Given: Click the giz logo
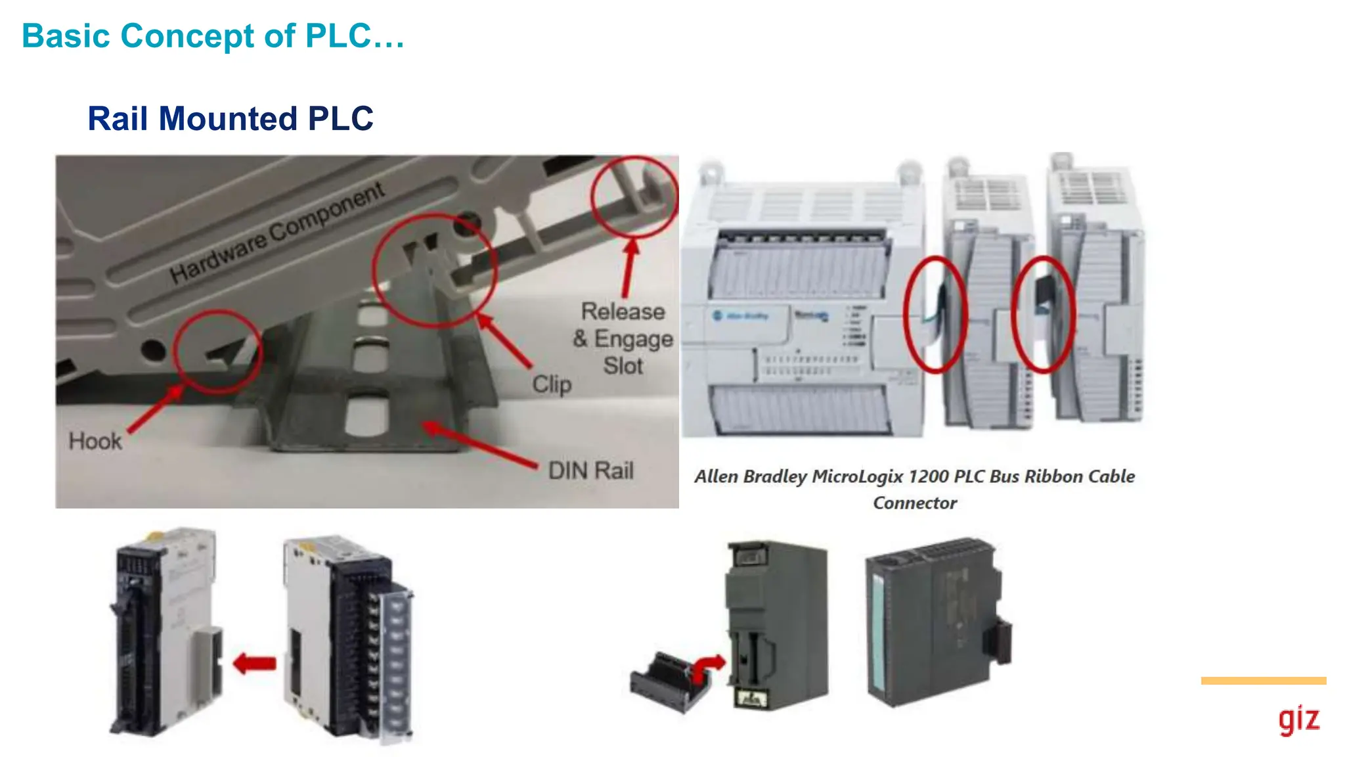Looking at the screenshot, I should click(x=1298, y=720).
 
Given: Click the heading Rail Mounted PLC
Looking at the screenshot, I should click(x=230, y=119).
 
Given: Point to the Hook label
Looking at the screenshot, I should click(x=95, y=441).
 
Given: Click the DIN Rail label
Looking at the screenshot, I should click(x=590, y=470).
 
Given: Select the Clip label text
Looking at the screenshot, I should click(x=552, y=384).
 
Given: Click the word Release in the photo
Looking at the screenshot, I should click(x=623, y=311).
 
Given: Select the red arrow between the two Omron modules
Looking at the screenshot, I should click(x=255, y=663).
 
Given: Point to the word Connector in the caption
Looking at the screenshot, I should click(x=914, y=503).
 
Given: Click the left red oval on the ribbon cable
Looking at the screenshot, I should click(x=935, y=315).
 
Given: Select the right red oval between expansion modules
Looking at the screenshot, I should click(x=1042, y=315).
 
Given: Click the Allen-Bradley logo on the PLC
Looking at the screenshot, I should click(x=741, y=316).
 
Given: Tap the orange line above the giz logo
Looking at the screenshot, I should click(x=1263, y=681).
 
